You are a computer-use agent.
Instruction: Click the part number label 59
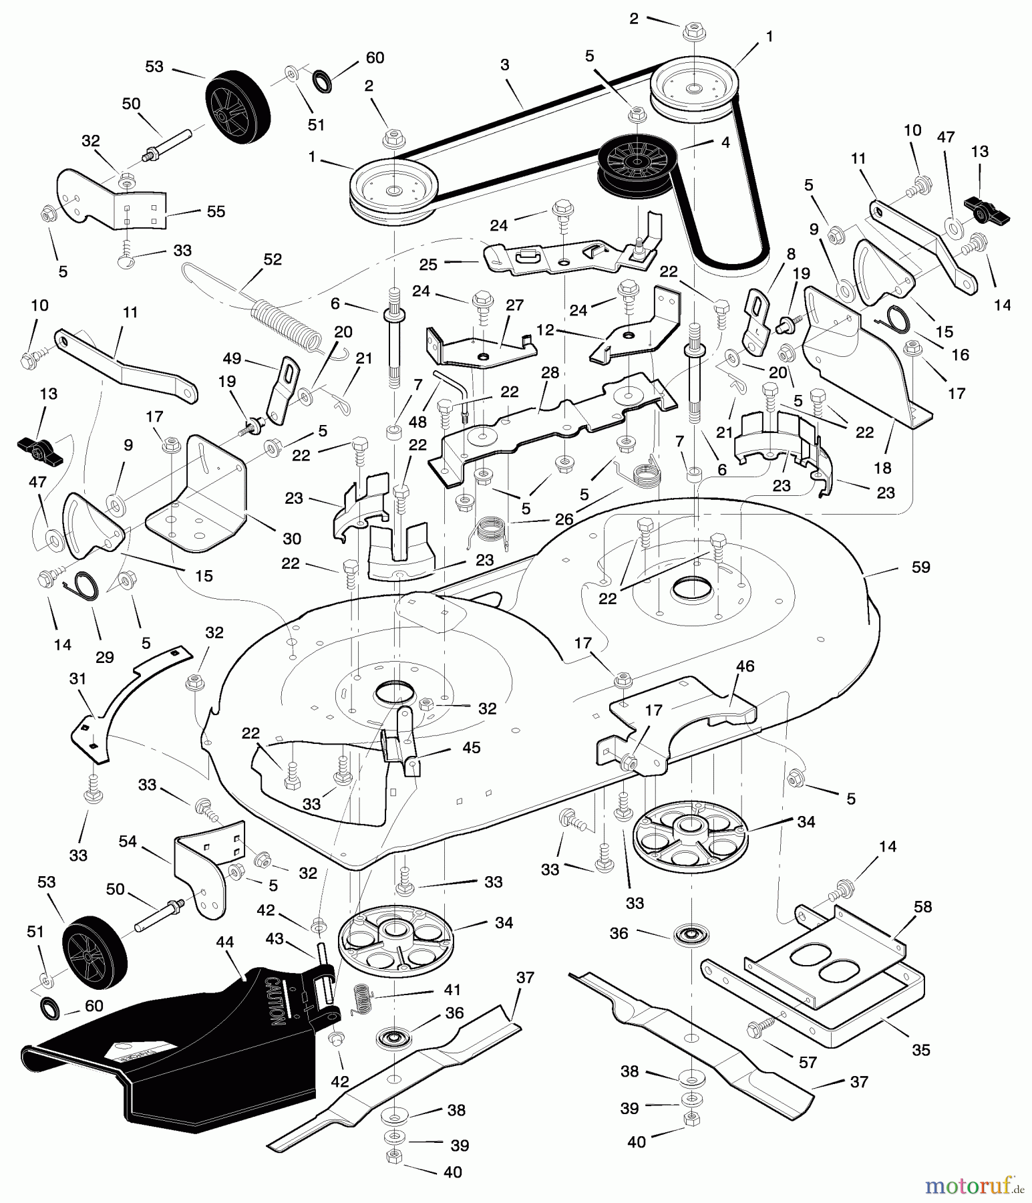coord(920,567)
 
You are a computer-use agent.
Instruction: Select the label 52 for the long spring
coord(273,260)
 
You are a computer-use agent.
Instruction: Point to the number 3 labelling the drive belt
coord(505,65)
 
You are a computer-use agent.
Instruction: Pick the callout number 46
coord(745,666)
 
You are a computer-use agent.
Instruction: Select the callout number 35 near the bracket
coord(920,1050)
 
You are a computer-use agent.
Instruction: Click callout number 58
coord(922,907)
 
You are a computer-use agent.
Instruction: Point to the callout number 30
coord(292,538)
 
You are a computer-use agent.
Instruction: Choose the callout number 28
coord(550,373)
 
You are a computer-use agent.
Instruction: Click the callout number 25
coord(428,264)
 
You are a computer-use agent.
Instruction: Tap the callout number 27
coord(514,305)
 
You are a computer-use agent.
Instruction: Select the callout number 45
coord(472,747)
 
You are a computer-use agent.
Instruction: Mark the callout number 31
coord(78,679)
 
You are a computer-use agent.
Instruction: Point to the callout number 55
coord(216,212)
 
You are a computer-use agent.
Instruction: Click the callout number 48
coord(417,422)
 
